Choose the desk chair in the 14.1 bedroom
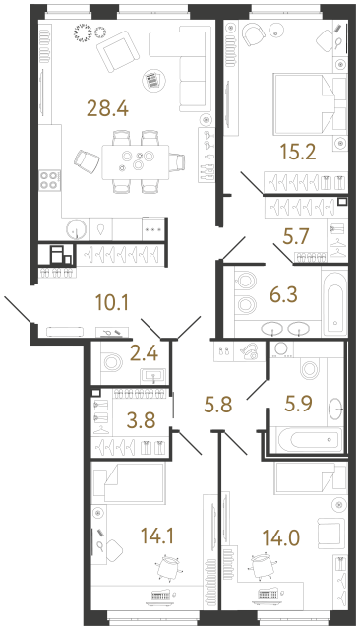click(x=168, y=568)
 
